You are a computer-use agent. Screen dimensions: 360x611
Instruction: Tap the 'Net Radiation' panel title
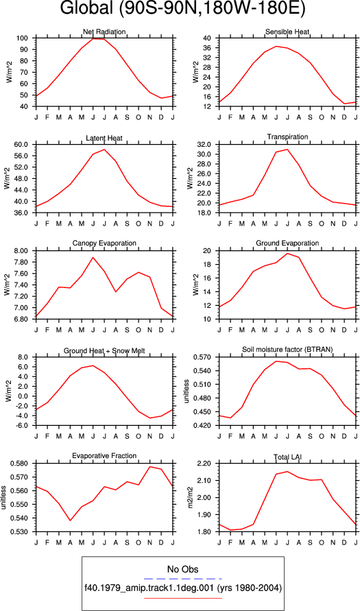pos(104,32)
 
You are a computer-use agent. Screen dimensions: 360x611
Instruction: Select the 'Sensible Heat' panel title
pos(287,32)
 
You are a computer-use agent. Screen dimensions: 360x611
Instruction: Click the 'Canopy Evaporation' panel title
pos(104,243)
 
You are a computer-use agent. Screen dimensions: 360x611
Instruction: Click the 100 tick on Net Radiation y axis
pos(27,38)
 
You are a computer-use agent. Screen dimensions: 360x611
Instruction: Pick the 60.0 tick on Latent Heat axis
pos(25,145)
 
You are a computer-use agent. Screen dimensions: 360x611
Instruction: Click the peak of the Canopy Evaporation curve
pos(93,257)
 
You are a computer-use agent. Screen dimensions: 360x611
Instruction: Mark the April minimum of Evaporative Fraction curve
pos(70,510)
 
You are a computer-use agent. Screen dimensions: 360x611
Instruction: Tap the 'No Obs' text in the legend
pos(182,569)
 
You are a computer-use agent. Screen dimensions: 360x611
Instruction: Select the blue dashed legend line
pos(182,579)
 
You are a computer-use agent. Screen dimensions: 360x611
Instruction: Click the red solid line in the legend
pos(182,598)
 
